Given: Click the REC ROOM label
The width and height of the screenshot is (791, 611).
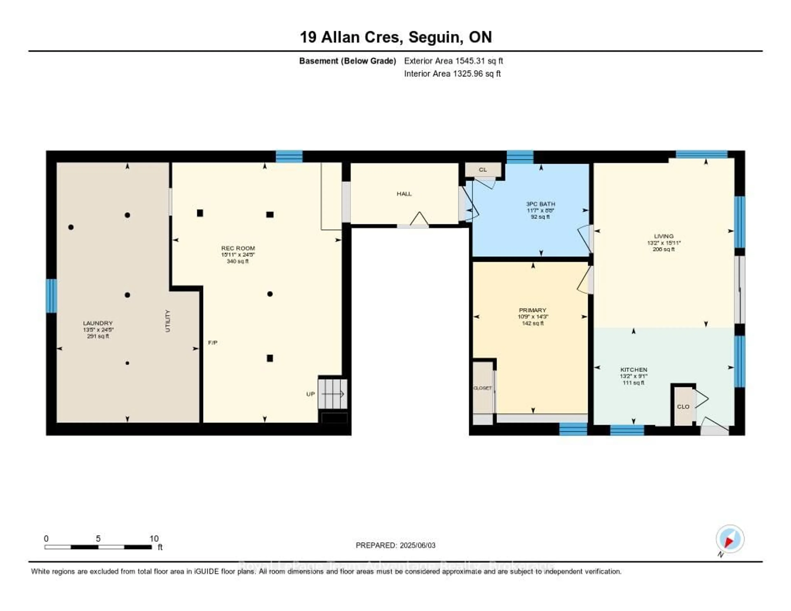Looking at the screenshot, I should pos(238,248).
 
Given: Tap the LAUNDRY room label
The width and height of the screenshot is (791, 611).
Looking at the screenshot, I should pos(98,323).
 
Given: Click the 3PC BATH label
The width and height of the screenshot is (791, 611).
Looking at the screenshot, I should pos(540,204).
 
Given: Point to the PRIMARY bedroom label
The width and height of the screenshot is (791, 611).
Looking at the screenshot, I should pos(532,310).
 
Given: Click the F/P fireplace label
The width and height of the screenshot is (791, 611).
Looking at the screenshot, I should pos(213,343).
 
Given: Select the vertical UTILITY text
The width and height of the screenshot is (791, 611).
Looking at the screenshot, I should pos(167,321).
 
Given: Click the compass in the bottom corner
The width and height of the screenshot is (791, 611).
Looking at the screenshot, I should pos(730,539).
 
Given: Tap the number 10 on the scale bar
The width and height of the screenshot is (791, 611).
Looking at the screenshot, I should pos(154,538).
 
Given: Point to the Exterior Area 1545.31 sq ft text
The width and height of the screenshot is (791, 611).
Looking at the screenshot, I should pos(453,61).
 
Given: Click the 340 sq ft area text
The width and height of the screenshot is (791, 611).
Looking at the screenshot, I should pos(238,261).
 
